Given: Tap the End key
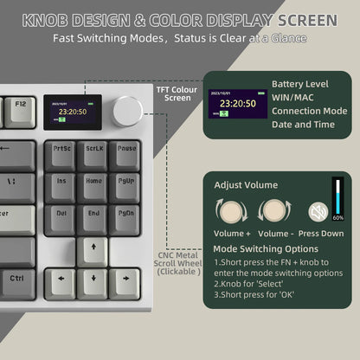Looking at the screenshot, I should coord(93,215).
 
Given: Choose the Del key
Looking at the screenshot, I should coord(61,215).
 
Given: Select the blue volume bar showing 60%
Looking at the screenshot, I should coord(337,199).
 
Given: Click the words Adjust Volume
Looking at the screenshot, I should coord(247,183).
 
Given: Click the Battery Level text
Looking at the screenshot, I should coord(299,84).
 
